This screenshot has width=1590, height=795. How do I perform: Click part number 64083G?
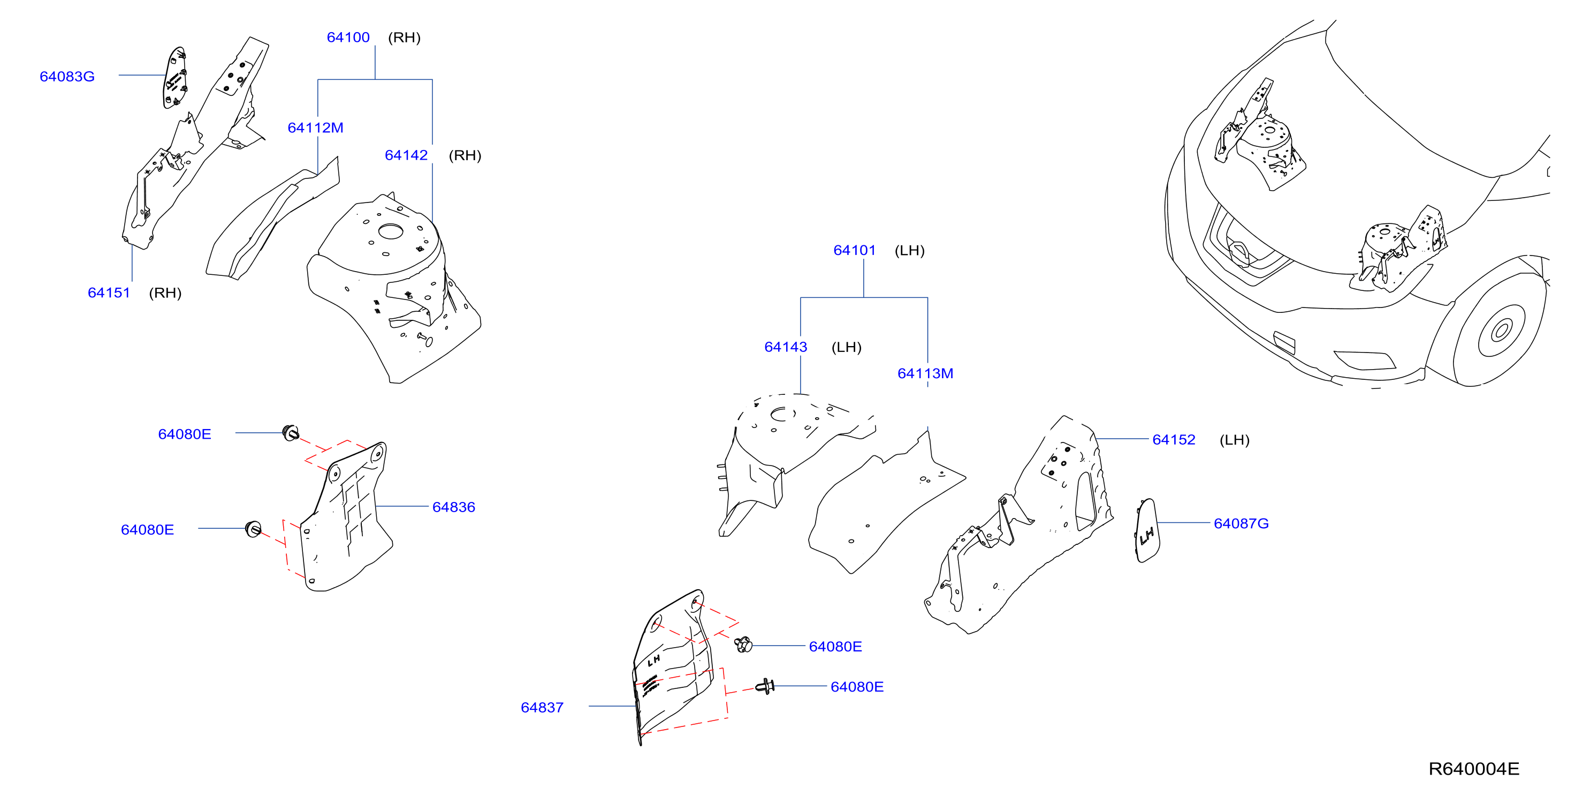tap(67, 77)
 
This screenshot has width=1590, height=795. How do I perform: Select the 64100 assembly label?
tap(348, 37)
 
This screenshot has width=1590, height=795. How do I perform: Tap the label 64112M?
tap(315, 128)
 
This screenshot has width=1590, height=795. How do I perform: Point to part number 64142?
tap(406, 155)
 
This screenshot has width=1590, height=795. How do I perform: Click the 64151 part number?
tap(109, 293)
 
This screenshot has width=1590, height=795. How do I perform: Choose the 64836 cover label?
tap(454, 507)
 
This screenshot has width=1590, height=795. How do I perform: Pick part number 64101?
tap(855, 250)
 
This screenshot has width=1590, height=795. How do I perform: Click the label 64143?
tap(786, 347)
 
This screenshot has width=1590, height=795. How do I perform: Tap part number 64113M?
tap(925, 374)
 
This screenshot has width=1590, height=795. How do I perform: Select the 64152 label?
tap(1174, 440)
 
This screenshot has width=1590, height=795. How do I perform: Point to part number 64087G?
tap(1241, 524)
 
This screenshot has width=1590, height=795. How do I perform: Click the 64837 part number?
tap(542, 708)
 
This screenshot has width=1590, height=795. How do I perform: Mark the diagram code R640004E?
tap(1474, 769)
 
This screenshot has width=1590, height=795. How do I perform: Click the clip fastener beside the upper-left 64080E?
tap(290, 433)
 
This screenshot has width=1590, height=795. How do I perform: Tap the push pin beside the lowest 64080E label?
tap(765, 686)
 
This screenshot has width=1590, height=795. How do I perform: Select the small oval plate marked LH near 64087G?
tap(1147, 530)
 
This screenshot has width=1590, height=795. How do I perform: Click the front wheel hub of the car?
tap(1502, 331)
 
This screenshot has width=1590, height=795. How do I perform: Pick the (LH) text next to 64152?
tap(1235, 440)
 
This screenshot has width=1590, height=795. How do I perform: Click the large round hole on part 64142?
tap(391, 231)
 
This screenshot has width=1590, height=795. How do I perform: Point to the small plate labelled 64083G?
tap(176, 77)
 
